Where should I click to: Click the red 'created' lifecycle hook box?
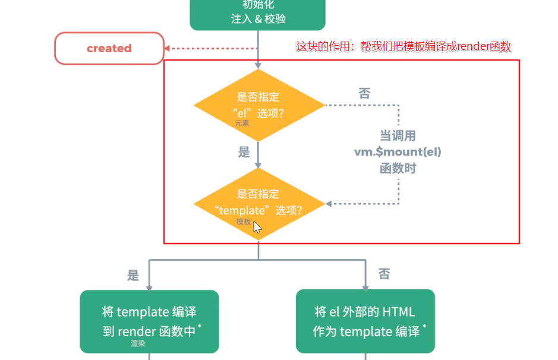(x=109, y=48)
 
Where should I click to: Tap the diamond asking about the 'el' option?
(x=258, y=105)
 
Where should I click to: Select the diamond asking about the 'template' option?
(x=258, y=203)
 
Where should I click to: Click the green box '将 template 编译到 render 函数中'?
(x=149, y=321)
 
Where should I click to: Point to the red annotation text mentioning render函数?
(x=403, y=46)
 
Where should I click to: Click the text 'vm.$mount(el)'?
(x=398, y=151)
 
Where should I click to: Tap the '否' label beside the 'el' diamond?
(x=364, y=93)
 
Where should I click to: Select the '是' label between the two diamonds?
(x=244, y=152)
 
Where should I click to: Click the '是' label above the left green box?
(x=133, y=275)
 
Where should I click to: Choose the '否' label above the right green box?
(x=384, y=274)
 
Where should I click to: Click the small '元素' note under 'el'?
(x=242, y=124)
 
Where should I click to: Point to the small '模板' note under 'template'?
(x=244, y=222)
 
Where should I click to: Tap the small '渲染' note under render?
(x=138, y=343)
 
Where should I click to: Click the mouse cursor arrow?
(x=257, y=227)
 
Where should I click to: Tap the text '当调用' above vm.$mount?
(x=398, y=135)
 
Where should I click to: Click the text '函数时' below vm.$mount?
(x=398, y=168)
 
